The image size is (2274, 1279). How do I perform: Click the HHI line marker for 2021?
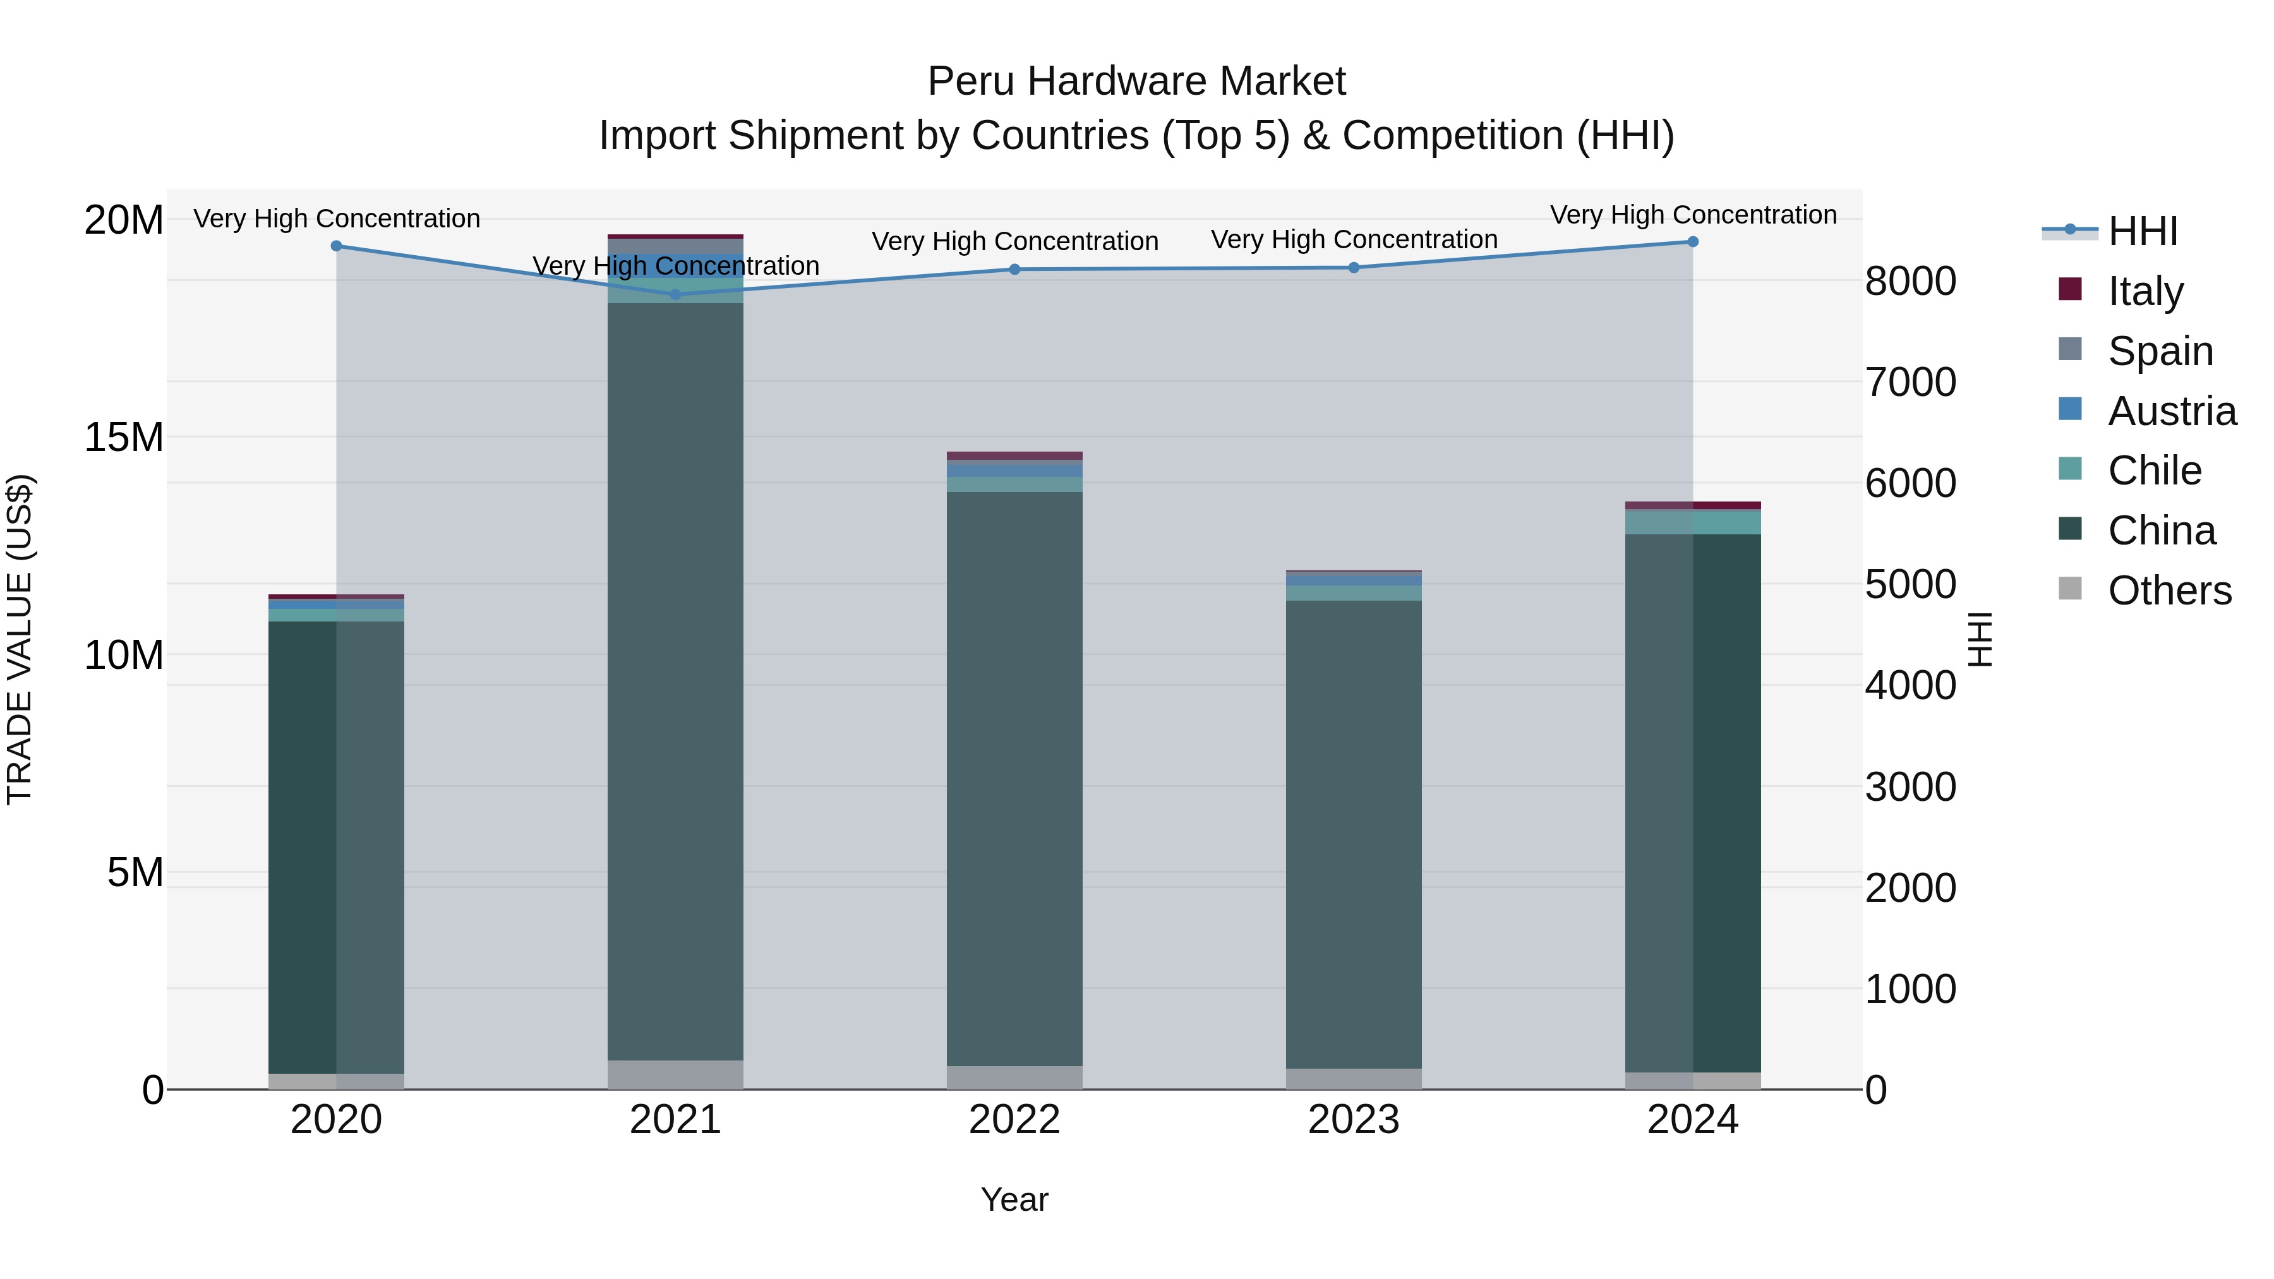(675, 294)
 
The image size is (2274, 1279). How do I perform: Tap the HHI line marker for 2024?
(1692, 242)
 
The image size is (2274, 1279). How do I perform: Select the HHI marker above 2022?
(1014, 269)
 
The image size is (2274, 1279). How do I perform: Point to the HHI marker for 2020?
(336, 246)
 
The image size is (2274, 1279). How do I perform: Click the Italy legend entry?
(2145, 291)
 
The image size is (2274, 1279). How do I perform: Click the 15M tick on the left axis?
(124, 437)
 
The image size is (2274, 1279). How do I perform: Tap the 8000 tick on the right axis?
(1910, 282)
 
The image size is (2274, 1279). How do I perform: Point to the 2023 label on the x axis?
(1353, 1120)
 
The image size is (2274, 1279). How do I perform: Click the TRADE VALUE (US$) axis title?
(20, 639)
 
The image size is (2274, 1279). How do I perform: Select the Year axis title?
(1014, 1199)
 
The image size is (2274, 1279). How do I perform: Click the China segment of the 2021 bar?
(675, 680)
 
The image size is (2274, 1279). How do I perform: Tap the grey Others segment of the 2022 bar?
(1014, 1078)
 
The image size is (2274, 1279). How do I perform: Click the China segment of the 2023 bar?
(1353, 834)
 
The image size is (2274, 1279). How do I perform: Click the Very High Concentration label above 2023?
(1353, 239)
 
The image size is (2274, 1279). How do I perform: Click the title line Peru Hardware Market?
(1136, 81)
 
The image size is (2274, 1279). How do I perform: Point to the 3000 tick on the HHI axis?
(1910, 786)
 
